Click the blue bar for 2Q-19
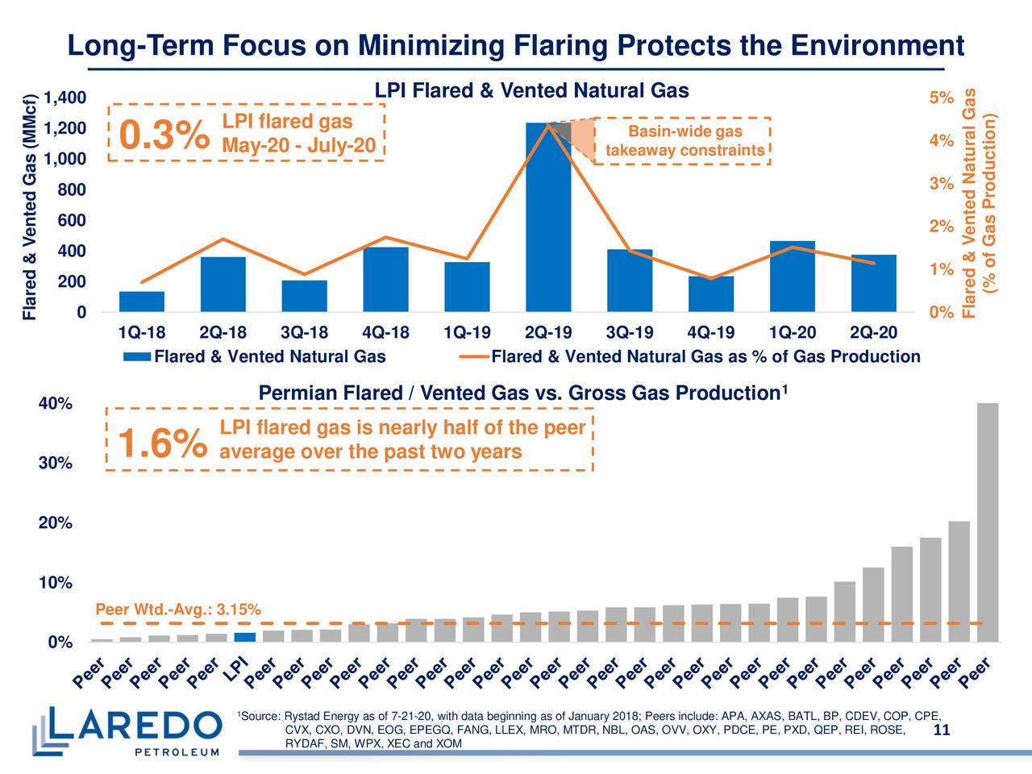548,218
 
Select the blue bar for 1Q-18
142,302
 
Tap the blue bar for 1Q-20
792,277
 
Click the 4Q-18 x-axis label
385,333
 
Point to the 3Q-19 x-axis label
629,333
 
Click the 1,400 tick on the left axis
64,98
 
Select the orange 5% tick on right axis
941,98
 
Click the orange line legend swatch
473,357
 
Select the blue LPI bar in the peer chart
245,637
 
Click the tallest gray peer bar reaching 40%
987,522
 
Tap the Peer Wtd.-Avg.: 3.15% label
177,610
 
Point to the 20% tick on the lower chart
56,523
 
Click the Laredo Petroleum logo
127,730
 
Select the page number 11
940,730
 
